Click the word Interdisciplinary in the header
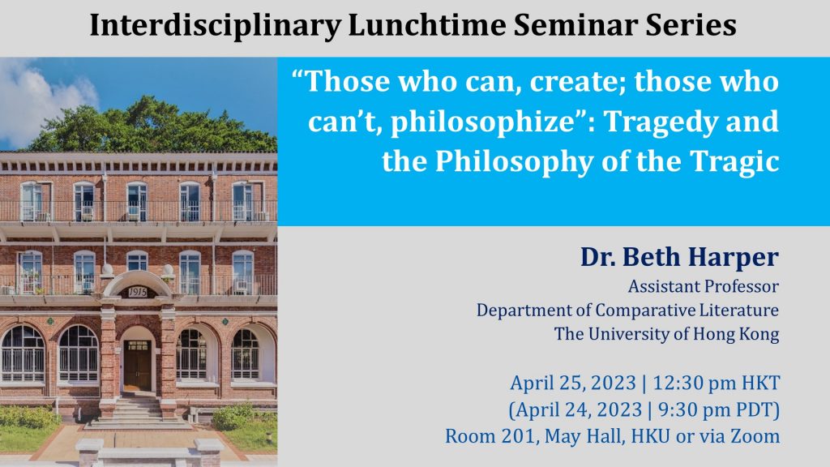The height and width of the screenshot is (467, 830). (216, 25)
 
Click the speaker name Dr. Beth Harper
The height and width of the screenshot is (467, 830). (679, 257)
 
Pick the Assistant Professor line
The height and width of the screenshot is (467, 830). (704, 286)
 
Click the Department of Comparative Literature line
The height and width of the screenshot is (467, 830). (628, 311)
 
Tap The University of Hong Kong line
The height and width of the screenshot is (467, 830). (666, 334)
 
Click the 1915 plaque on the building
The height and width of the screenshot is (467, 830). (137, 292)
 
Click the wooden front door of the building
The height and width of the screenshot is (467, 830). (138, 366)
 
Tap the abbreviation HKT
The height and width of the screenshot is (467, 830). (760, 383)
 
